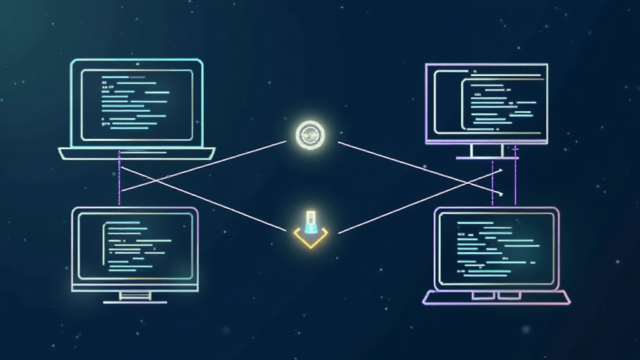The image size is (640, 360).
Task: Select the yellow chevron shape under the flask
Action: [x=311, y=238]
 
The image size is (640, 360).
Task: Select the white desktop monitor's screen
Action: [x=134, y=246]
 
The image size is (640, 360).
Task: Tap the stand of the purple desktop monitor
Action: [x=487, y=152]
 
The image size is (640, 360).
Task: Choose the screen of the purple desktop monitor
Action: [x=486, y=103]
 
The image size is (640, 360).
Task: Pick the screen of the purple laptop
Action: [x=496, y=246]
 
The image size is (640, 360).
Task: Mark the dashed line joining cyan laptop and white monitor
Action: [x=119, y=184]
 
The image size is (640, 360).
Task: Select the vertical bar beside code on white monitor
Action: [x=104, y=246]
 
